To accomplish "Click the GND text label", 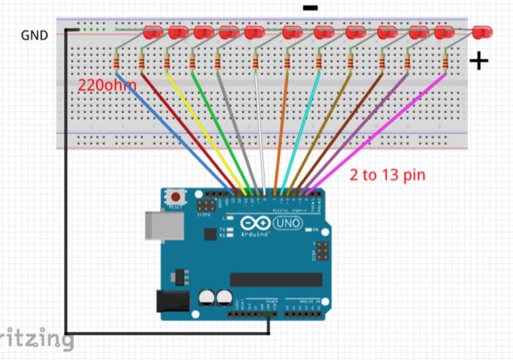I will coord(34,34).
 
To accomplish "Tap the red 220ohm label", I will coord(107,85).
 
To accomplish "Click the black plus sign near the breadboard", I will coord(479,61).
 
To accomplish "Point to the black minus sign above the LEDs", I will coord(310,8).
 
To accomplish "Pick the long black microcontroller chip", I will coord(276,279).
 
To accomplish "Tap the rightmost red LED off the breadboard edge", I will coord(481,32).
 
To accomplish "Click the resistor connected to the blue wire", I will coord(117,60).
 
